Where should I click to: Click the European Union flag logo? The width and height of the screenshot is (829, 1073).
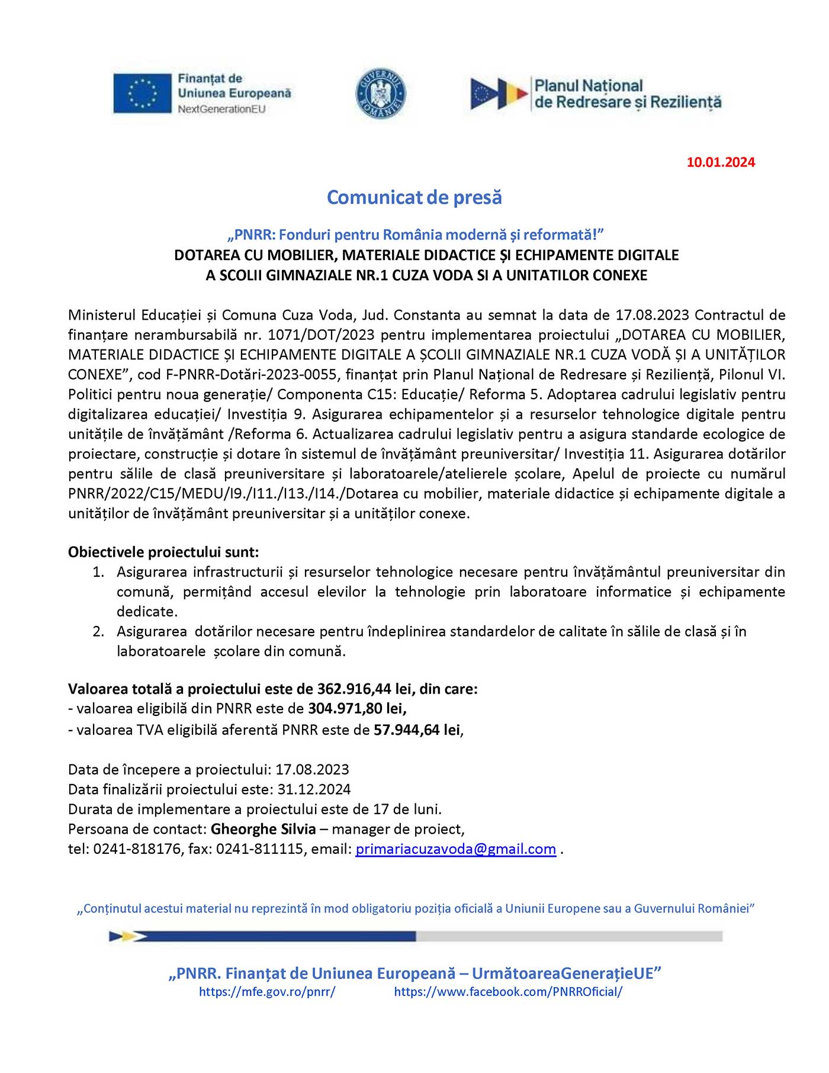[x=142, y=93]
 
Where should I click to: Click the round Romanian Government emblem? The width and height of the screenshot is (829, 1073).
[x=381, y=93]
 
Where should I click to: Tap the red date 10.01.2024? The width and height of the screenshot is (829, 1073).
[x=721, y=162]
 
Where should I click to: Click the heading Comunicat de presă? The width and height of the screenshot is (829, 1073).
[x=415, y=197]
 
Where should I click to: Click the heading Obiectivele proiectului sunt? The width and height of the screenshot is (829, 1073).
[x=163, y=552]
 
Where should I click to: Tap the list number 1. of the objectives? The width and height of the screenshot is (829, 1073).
[x=98, y=572]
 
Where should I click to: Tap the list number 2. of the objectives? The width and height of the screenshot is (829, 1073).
[x=98, y=632]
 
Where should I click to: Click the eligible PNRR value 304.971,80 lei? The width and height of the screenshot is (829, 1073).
[x=356, y=709]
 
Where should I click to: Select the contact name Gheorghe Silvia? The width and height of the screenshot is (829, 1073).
[x=263, y=829]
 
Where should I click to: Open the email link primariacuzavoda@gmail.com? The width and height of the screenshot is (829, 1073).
[x=455, y=849]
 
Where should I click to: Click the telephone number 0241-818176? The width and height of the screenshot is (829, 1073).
[x=137, y=849]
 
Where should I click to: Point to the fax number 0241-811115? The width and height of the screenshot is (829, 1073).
[x=259, y=849]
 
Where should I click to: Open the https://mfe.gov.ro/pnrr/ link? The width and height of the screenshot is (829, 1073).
[x=267, y=992]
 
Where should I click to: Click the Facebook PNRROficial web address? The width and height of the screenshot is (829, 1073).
[x=508, y=992]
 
